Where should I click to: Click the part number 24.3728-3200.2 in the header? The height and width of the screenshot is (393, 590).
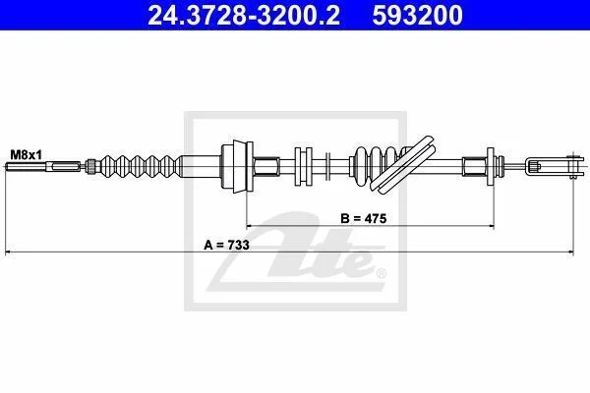(244, 15)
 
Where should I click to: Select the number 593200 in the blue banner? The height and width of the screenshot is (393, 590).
(418, 15)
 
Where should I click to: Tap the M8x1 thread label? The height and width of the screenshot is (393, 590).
(27, 154)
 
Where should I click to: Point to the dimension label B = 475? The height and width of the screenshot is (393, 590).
(364, 218)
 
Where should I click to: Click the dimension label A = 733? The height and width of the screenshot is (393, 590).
(226, 246)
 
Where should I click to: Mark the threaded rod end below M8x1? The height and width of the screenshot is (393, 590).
(43, 166)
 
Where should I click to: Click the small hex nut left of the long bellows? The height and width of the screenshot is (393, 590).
(90, 166)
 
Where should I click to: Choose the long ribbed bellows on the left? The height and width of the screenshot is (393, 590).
(139, 166)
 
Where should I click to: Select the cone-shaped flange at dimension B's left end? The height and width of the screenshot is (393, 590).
(238, 166)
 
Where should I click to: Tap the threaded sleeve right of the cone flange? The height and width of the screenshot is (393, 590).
(266, 166)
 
